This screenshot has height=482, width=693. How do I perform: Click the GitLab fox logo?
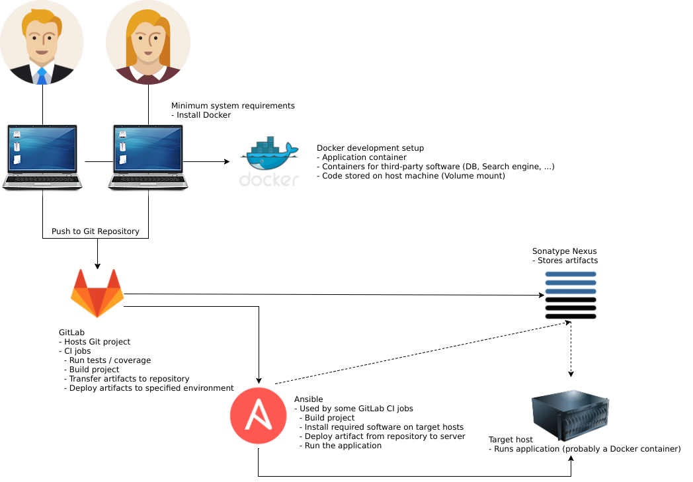coord(97,293)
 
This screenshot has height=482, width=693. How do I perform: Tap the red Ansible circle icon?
coord(259,415)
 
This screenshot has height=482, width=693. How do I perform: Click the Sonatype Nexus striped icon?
coord(571,295)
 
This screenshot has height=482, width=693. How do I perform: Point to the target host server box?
coord(570,415)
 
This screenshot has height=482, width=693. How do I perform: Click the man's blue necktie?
coord(42,76)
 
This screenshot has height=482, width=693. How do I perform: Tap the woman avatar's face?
coord(148,42)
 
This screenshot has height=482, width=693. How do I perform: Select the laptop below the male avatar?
coord(42,157)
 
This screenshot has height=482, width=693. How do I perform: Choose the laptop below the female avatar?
coord(148,157)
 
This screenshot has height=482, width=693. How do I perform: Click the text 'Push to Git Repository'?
coord(95,231)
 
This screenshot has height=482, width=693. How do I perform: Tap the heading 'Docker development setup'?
coord(370,148)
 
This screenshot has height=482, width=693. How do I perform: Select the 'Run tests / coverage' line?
coord(107,360)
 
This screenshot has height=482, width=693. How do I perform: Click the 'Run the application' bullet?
coord(341,446)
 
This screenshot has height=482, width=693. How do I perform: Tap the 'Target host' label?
coord(510,439)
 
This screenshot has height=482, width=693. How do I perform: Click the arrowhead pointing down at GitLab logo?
coord(97,266)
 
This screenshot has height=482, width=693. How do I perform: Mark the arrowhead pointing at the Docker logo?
coord(227,162)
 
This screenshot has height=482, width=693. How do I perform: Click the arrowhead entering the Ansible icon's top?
coord(259,380)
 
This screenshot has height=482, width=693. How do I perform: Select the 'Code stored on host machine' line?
coord(411,176)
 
